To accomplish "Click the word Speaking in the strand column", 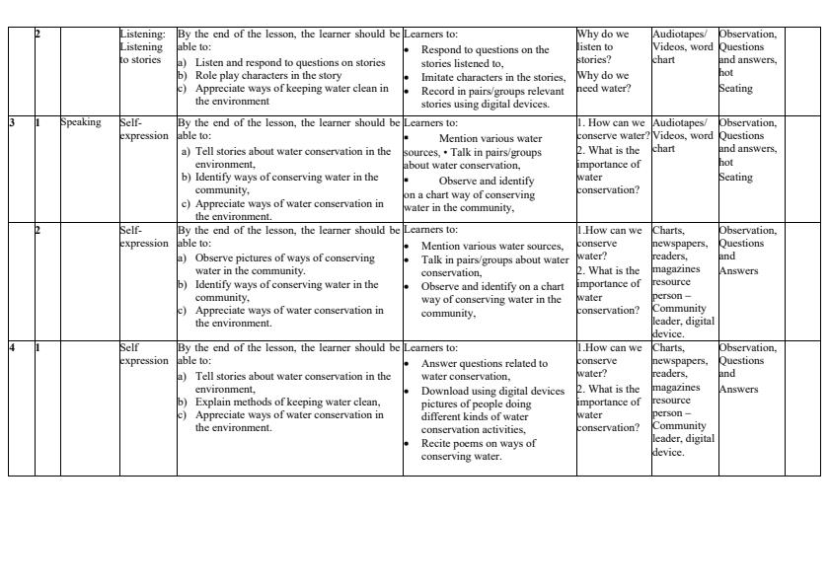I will click(x=81, y=123).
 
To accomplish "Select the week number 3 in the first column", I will click(x=13, y=123).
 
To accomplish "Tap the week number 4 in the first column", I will click(x=13, y=348).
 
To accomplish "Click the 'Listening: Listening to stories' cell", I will click(x=143, y=46).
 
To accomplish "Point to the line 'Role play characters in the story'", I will click(x=268, y=75).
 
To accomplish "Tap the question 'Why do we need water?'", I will click(x=603, y=81).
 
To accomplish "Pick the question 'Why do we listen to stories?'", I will click(x=603, y=46).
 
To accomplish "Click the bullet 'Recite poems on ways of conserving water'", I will click(x=479, y=450).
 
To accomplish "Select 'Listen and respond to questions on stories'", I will click(x=290, y=62).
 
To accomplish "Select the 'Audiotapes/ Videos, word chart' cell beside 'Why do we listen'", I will click(x=682, y=46).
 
